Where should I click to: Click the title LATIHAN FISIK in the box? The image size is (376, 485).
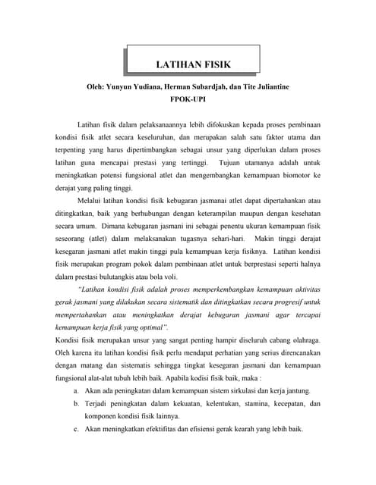193,64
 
